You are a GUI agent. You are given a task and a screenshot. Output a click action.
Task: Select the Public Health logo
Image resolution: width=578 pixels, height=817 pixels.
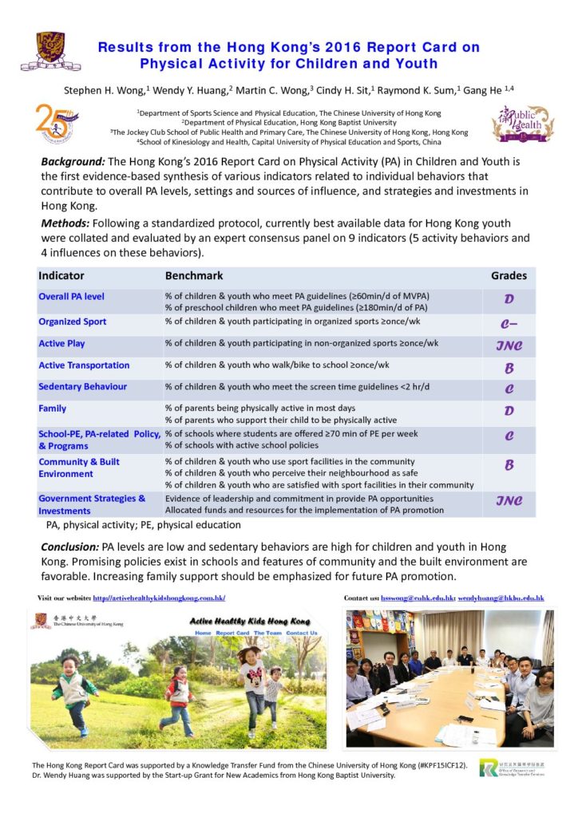point(522,124)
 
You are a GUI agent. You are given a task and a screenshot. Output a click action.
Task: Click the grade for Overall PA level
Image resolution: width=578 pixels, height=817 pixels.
point(509,300)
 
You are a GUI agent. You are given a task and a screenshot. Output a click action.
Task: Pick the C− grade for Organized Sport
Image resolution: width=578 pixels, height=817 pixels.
point(509,324)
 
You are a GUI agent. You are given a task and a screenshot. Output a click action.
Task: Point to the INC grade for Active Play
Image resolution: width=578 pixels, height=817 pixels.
point(509,345)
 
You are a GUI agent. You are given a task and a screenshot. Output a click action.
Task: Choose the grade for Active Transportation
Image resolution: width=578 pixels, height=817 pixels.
point(509,368)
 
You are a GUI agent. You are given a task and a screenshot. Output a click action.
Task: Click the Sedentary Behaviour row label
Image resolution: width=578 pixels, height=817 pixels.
point(83,387)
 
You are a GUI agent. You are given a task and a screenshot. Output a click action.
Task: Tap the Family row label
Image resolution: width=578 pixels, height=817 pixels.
point(53,408)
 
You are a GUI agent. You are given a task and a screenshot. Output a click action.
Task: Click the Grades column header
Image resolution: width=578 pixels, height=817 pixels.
point(509,276)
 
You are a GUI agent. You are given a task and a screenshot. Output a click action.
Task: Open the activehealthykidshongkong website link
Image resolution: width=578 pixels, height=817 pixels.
point(159,598)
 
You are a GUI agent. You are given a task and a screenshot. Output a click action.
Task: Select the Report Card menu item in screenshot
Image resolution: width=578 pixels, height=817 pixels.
point(232,633)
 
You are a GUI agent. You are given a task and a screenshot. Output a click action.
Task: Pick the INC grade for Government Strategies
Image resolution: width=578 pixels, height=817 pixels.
point(509,501)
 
